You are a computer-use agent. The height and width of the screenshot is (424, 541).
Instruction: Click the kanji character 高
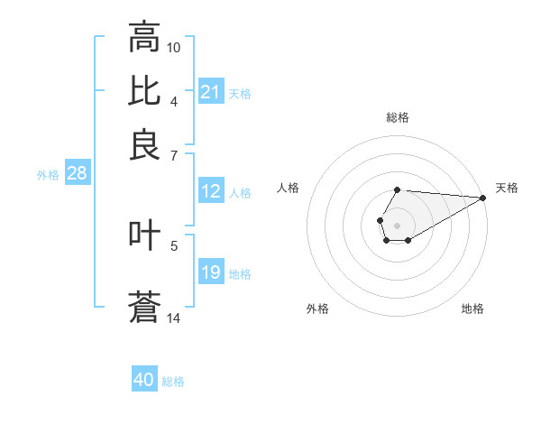click(144, 38)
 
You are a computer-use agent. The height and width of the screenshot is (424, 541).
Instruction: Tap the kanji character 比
click(144, 91)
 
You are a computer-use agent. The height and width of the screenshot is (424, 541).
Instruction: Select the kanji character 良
click(144, 144)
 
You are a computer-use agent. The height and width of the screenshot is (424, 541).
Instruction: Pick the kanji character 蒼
click(144, 307)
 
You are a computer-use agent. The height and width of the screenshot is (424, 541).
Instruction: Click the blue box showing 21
click(210, 92)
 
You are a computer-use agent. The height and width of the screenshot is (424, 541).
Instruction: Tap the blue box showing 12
click(210, 191)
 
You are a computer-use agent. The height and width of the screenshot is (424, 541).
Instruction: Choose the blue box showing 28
click(77, 174)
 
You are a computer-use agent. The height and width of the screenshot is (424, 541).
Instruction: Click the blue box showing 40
click(144, 380)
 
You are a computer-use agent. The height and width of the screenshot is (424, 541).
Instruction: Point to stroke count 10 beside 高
click(174, 47)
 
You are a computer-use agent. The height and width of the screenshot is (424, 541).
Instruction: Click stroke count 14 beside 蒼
click(174, 318)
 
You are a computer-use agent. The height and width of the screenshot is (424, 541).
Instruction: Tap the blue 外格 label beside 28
click(48, 175)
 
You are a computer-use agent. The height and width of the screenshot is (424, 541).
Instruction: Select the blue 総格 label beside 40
click(173, 382)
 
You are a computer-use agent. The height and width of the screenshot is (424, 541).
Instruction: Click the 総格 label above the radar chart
click(397, 117)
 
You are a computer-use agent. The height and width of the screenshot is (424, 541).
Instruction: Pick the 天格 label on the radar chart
click(507, 188)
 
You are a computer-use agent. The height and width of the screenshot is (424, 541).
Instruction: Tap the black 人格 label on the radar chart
click(289, 188)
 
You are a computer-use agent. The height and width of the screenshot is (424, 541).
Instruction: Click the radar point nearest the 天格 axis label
click(483, 198)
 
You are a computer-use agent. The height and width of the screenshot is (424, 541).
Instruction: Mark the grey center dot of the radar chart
click(397, 224)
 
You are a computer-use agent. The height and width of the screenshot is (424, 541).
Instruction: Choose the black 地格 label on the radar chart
click(472, 309)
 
